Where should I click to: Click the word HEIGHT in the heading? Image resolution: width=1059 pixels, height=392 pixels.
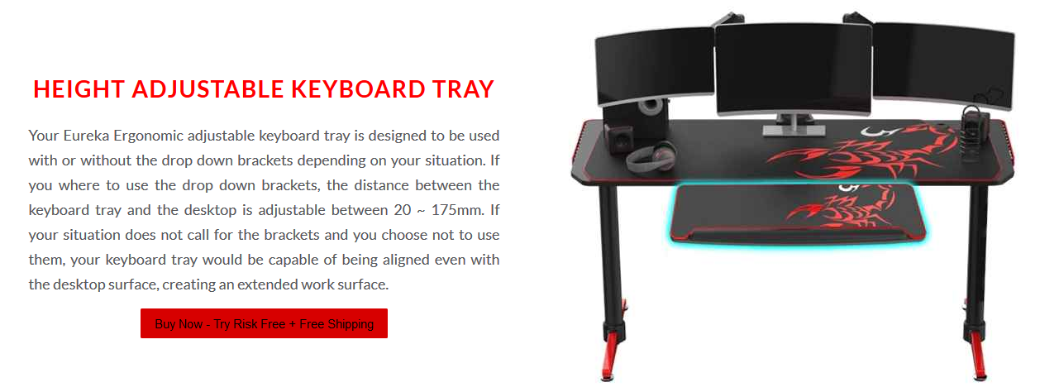point(79,89)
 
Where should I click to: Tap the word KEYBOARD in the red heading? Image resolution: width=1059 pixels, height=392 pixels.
point(358,89)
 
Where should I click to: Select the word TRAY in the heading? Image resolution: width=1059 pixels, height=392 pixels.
point(463,89)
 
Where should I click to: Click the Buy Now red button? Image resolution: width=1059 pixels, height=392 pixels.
point(264,323)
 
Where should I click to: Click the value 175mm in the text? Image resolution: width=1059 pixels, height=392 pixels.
point(458,210)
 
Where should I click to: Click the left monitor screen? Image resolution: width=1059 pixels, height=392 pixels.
point(655,66)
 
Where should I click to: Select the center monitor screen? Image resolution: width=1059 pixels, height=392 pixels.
point(794,69)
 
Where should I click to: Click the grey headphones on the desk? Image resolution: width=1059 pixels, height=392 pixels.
point(651,156)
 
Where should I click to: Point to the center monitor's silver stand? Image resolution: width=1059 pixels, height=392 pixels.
point(794,125)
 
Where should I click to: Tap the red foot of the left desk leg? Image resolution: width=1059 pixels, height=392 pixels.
point(611,356)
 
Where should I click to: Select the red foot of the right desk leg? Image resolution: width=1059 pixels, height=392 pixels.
point(978,356)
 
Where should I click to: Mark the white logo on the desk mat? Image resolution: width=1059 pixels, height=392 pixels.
point(876,131)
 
